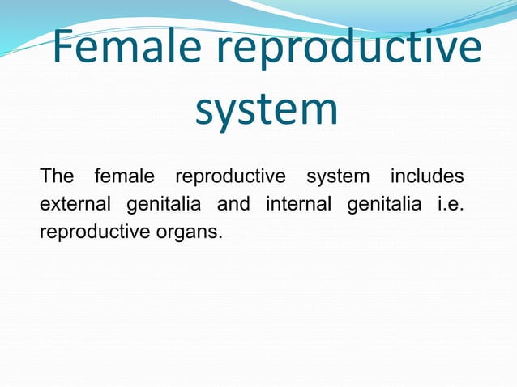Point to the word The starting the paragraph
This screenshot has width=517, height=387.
tap(57, 176)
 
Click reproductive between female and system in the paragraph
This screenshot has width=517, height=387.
tap(231, 176)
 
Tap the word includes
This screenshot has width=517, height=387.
tap(427, 176)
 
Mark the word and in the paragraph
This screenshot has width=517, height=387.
tap(233, 205)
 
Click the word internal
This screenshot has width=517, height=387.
tap(298, 205)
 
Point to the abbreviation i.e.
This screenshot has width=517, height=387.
tap(450, 205)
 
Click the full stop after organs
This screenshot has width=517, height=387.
tap(219, 238)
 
